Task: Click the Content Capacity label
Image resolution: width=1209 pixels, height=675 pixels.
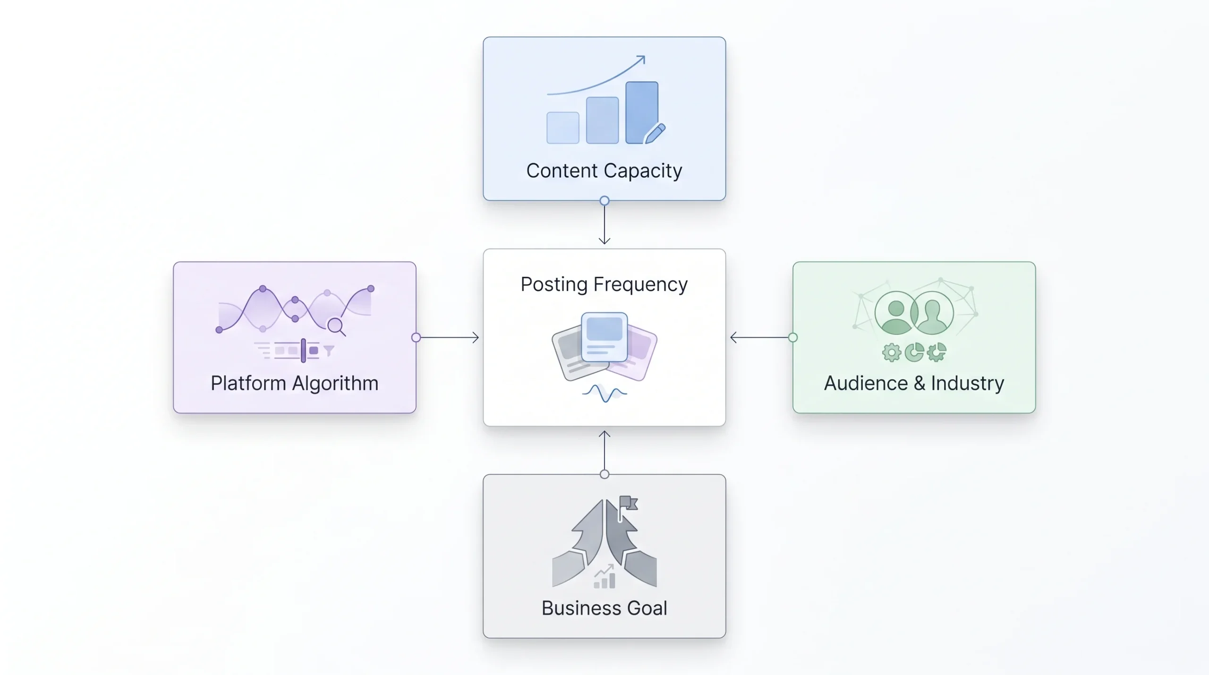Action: click(604, 171)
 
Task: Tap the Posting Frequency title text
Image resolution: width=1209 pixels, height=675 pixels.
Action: click(604, 284)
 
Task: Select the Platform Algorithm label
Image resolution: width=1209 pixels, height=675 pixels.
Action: click(294, 383)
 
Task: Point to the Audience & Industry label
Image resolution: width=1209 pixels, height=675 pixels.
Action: click(914, 383)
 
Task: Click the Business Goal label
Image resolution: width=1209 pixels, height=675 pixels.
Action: click(604, 608)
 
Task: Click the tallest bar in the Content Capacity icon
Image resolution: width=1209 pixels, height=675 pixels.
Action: click(642, 112)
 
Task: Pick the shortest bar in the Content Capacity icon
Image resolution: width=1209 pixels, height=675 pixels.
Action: click(563, 128)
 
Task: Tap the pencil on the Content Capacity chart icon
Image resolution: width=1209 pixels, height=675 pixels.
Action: click(655, 134)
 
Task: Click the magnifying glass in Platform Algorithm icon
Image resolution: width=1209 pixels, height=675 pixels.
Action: click(337, 326)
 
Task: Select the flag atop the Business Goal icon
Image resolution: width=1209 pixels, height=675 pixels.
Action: click(628, 504)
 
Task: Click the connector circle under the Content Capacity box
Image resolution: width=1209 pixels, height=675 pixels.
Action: click(604, 201)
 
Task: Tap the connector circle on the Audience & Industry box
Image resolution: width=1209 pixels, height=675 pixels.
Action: click(793, 338)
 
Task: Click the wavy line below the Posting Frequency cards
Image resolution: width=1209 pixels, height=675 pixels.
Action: click(604, 393)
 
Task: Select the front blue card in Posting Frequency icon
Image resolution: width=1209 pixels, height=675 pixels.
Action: click(604, 337)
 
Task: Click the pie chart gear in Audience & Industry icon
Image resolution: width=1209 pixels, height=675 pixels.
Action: click(914, 352)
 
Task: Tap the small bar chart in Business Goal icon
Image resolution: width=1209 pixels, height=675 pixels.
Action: click(604, 577)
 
